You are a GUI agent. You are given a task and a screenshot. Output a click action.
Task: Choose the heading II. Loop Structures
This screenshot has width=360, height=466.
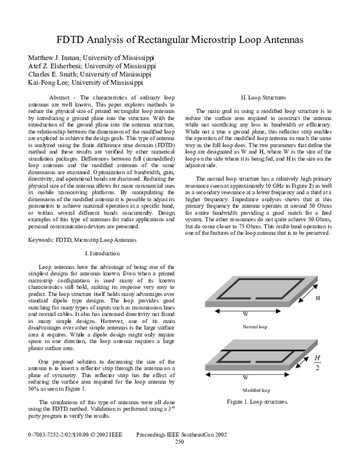tap(263, 97)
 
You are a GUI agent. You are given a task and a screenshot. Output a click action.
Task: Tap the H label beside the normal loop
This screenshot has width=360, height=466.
tap(319, 298)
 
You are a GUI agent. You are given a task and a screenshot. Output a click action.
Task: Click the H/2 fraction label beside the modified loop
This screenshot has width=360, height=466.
tap(318, 363)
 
